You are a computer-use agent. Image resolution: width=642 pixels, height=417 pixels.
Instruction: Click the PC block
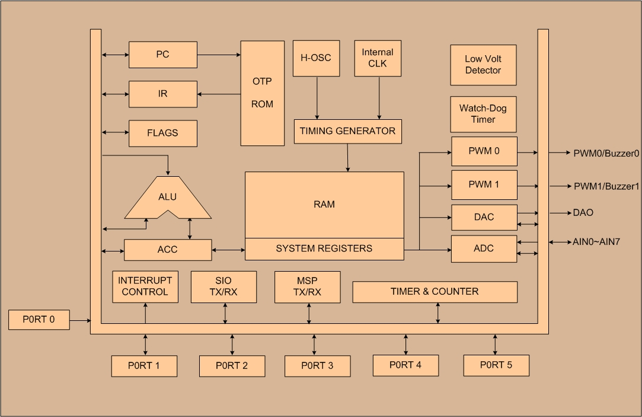(163, 55)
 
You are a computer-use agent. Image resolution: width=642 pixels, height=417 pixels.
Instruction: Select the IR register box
(163, 94)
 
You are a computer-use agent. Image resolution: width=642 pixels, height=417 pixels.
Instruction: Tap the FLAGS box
(163, 133)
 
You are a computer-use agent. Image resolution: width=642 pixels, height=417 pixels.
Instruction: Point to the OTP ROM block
(263, 93)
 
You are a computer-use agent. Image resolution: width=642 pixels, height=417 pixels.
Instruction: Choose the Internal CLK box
(378, 58)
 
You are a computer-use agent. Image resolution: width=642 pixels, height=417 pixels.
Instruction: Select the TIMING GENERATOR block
(347, 131)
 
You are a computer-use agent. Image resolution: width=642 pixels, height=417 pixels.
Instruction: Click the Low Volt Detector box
(483, 65)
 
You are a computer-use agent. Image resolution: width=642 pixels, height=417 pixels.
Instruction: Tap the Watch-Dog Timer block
(483, 114)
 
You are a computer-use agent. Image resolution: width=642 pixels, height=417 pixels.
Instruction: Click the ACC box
(168, 250)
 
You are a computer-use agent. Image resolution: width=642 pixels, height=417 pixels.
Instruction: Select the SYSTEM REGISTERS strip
(324, 249)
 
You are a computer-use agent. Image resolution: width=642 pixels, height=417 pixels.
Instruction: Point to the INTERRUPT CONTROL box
(145, 287)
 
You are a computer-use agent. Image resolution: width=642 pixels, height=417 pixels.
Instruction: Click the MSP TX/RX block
(308, 287)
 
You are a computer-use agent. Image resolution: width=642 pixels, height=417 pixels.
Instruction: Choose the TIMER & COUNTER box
(435, 292)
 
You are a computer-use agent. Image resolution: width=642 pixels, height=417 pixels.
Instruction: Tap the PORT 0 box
(39, 320)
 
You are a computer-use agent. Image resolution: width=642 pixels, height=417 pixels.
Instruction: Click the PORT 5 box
(496, 365)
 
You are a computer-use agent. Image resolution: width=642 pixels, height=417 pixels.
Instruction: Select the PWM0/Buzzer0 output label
(606, 153)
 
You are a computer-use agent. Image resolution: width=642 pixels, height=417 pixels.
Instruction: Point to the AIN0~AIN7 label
(596, 242)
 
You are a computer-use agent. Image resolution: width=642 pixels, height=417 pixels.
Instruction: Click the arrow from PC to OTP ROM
(219, 55)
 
